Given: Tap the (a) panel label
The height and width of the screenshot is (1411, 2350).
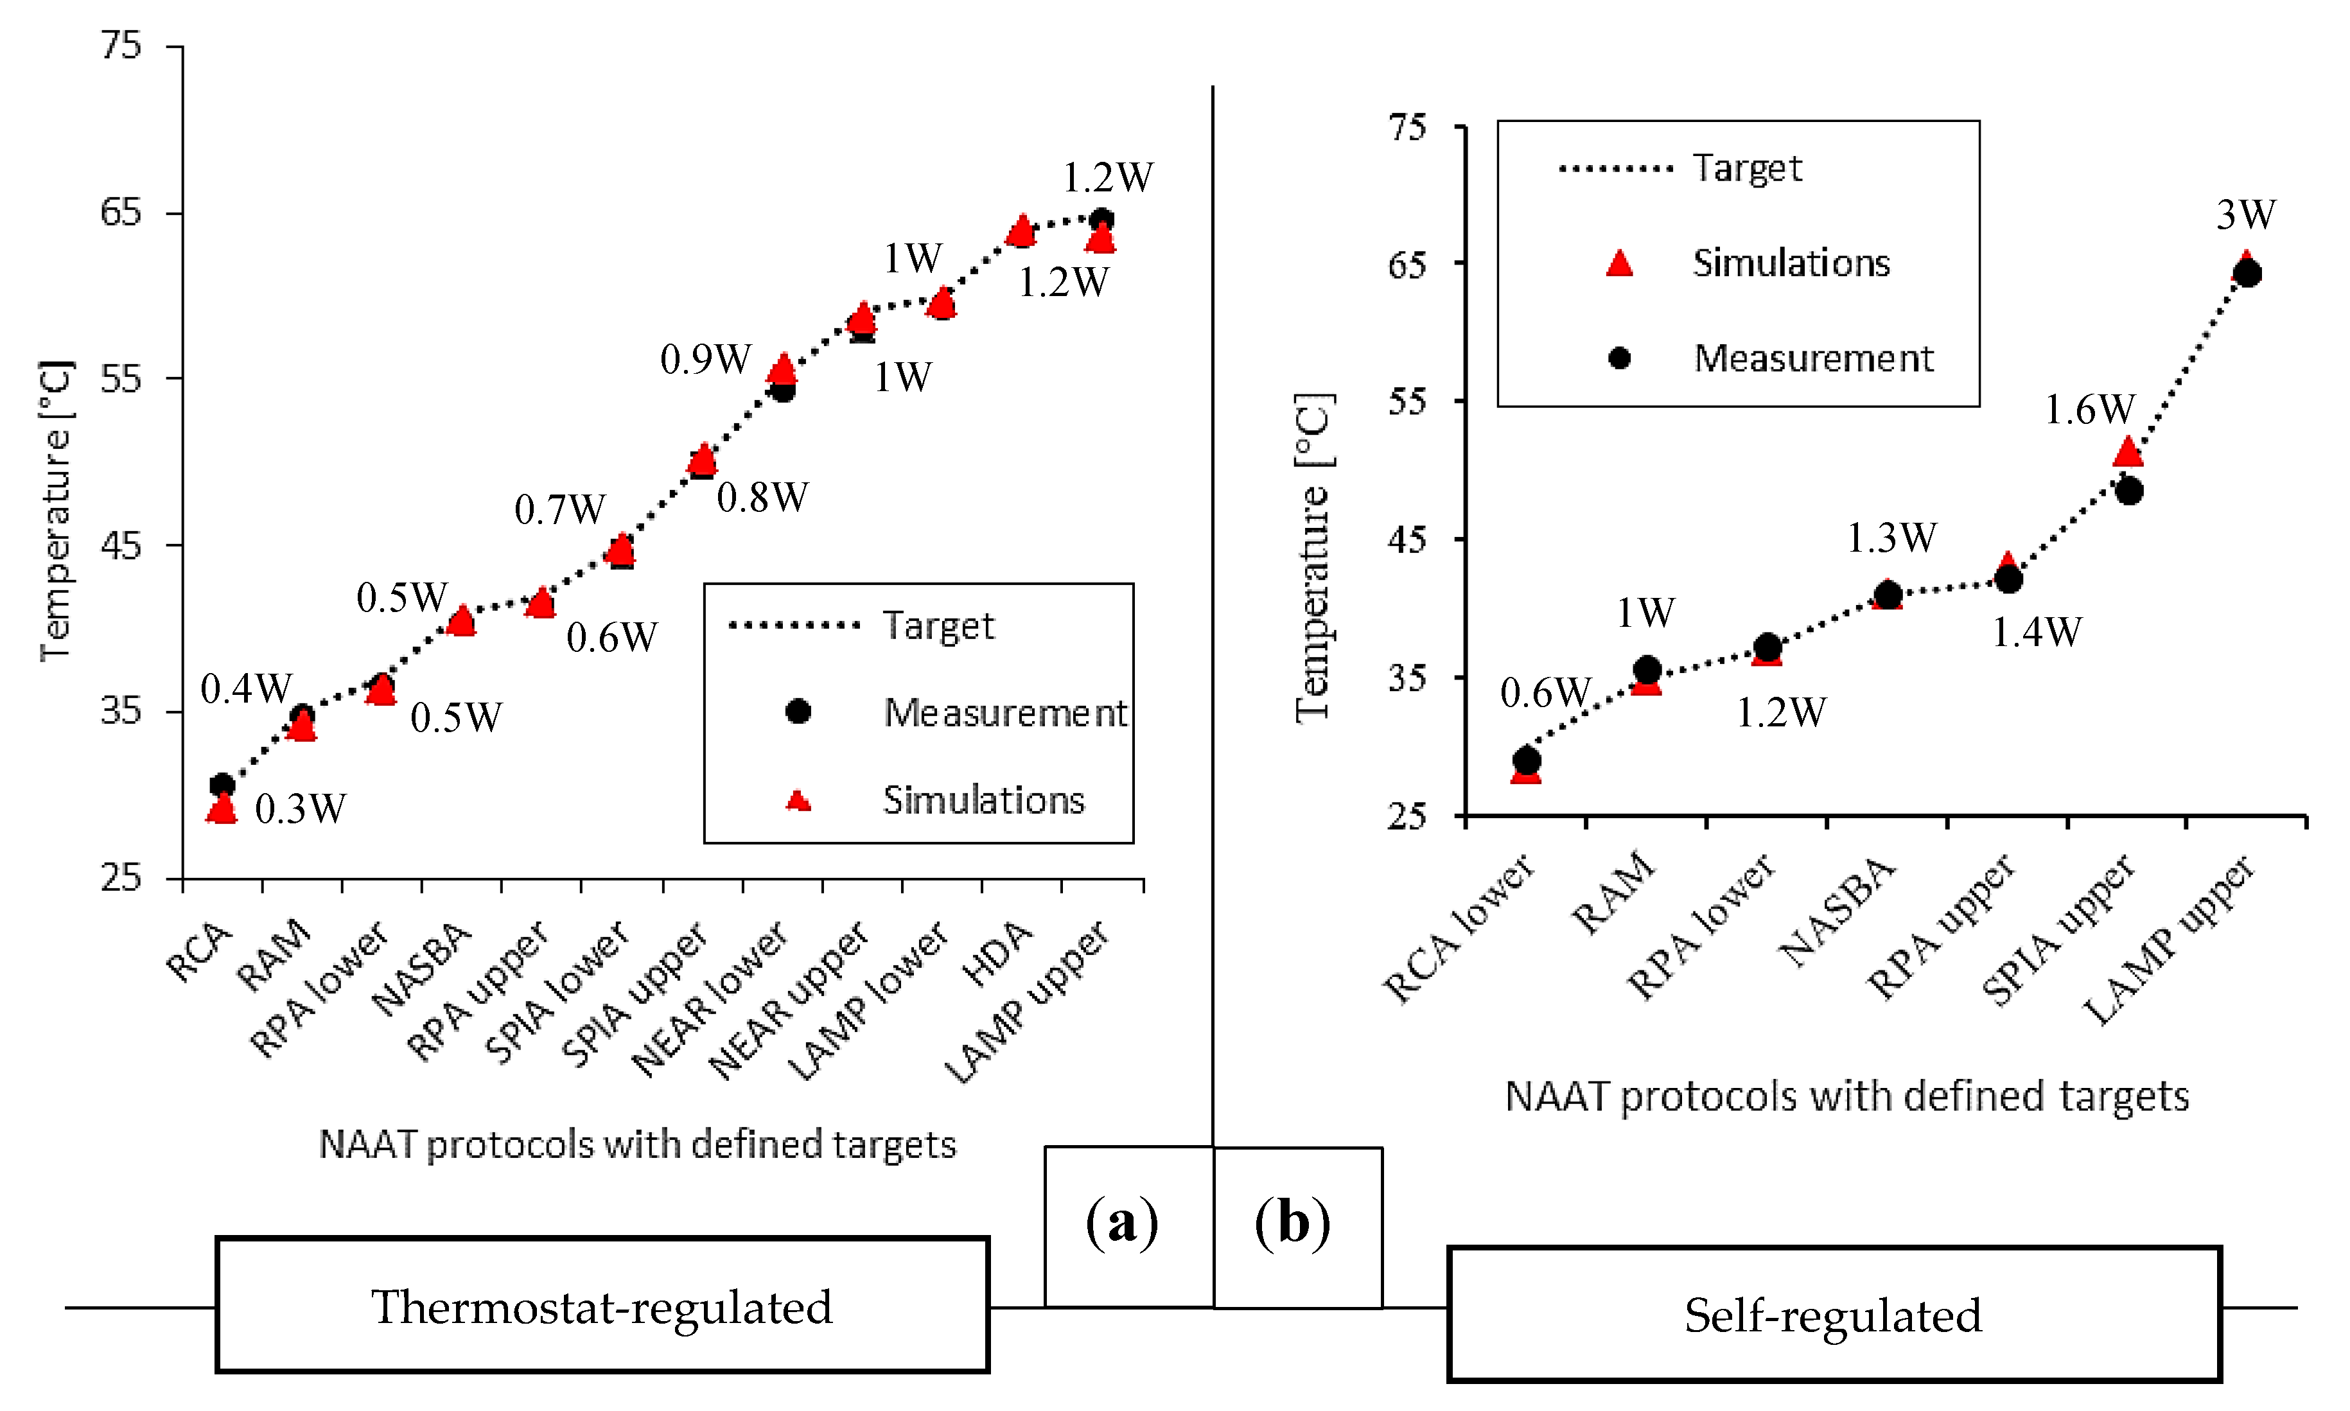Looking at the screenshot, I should (1122, 1223).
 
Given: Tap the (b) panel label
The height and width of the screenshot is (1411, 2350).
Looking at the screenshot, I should (1292, 1223).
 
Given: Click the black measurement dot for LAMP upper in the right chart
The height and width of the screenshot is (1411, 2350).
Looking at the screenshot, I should (2247, 274).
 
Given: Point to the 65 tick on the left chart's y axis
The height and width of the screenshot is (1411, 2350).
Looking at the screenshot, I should (121, 212).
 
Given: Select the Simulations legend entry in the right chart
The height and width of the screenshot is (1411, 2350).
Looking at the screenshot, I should (1791, 263).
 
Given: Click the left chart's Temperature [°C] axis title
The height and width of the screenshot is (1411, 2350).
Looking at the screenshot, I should (55, 511).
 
